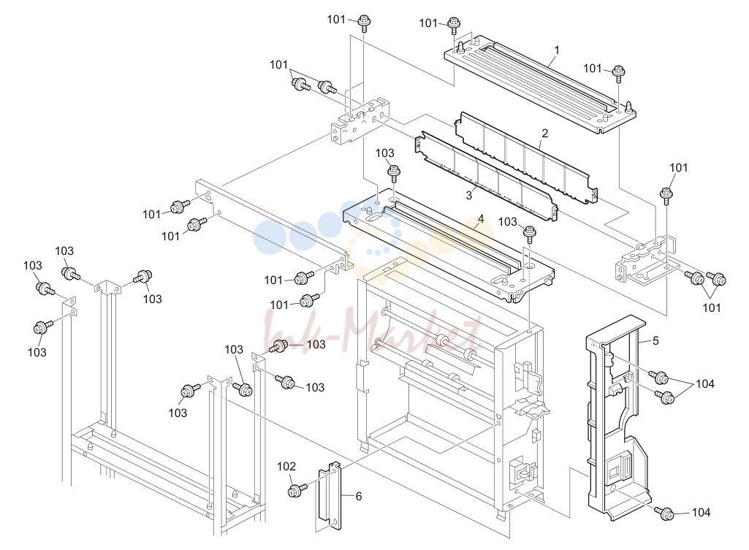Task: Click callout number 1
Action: [557, 50]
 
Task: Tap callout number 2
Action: [544, 133]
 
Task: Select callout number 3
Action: [469, 195]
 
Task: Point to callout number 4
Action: [481, 218]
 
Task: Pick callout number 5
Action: [656, 340]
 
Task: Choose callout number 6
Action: [359, 497]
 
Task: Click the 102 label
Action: [286, 467]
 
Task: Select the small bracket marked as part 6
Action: [330, 497]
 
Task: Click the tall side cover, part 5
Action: [616, 420]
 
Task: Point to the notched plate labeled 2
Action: [525, 158]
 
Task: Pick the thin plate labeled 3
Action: [487, 177]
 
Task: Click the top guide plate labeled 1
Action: [540, 83]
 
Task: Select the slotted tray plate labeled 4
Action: [449, 243]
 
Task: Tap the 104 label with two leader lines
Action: [705, 384]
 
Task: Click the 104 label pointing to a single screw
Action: [702, 513]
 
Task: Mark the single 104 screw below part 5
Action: [666, 513]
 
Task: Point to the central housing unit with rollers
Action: [452, 382]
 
